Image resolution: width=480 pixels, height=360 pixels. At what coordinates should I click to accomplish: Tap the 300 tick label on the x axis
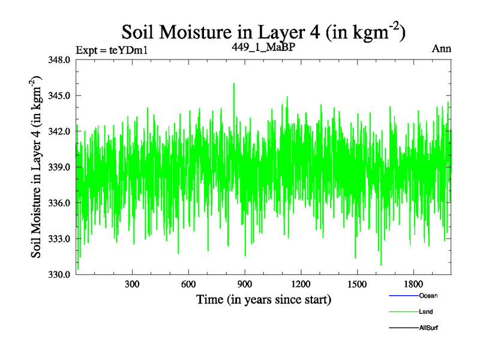(x=132, y=284)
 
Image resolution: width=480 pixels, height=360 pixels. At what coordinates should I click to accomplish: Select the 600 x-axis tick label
(x=188, y=284)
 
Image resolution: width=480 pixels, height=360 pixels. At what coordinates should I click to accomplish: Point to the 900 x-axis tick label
(x=245, y=284)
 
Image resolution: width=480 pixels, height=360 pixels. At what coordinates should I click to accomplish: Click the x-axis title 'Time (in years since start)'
(x=264, y=299)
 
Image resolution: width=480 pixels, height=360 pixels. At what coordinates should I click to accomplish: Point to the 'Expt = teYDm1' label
(x=112, y=50)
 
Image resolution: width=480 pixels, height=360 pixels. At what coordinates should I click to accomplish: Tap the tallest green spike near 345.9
(x=233, y=84)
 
